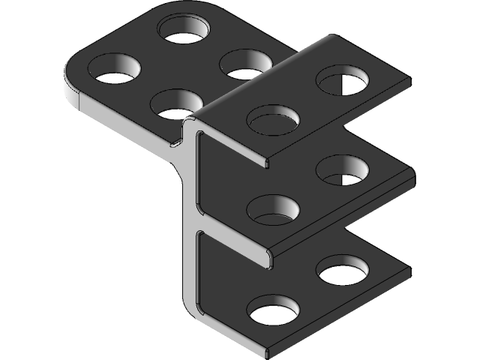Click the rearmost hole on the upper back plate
(x=184, y=30)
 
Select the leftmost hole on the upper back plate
(x=115, y=69)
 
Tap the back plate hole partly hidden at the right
(x=244, y=64)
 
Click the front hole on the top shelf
(x=273, y=119)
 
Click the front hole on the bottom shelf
(x=273, y=310)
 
